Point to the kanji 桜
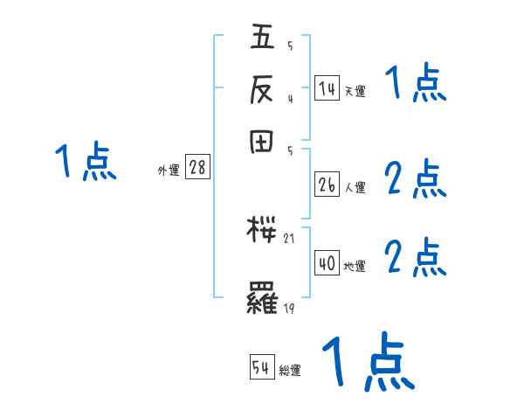pos(264,232)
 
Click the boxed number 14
pos(326,89)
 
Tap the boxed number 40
pos(326,263)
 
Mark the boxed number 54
pos(261,368)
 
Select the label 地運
pos(355,266)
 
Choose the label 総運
pos(290,371)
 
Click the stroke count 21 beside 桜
pos(291,238)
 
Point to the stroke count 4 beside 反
pos(290,97)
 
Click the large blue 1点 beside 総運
pos(367,361)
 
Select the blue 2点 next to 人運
pos(416,180)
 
